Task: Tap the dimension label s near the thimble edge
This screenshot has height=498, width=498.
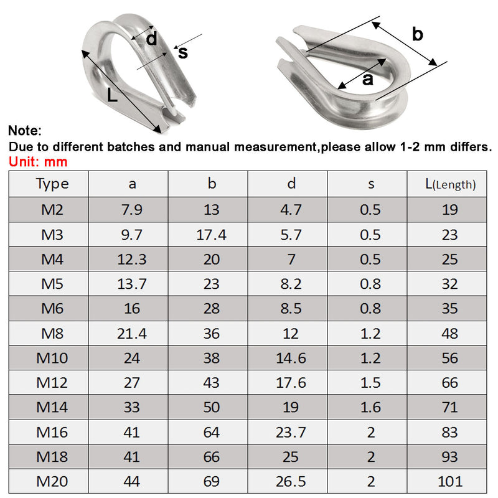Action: (x=182, y=52)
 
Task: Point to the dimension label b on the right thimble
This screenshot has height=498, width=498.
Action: (x=418, y=34)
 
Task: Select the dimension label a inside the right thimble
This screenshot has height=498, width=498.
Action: (x=367, y=78)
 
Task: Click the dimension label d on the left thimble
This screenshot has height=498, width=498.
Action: (x=151, y=39)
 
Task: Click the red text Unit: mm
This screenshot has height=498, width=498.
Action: (x=37, y=162)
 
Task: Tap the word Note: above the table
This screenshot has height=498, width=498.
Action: (x=25, y=131)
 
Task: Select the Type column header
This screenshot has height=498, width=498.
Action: (x=52, y=184)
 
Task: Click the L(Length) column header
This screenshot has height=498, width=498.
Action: (x=449, y=184)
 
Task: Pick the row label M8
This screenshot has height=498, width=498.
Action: (x=52, y=333)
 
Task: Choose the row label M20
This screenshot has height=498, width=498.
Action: (x=52, y=481)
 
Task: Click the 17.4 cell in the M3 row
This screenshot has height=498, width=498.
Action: (x=212, y=234)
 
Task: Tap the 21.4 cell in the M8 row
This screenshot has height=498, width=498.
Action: (x=132, y=333)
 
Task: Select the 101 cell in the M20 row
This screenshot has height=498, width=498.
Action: (x=449, y=481)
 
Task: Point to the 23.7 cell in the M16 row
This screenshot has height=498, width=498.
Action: (x=291, y=431)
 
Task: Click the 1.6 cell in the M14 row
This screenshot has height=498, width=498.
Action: (x=370, y=407)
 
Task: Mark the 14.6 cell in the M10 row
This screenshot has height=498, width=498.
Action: (x=291, y=358)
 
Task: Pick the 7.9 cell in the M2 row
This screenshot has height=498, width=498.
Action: (x=132, y=209)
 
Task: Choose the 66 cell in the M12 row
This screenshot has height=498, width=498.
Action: (x=449, y=382)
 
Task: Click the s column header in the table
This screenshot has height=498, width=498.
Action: (x=370, y=184)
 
